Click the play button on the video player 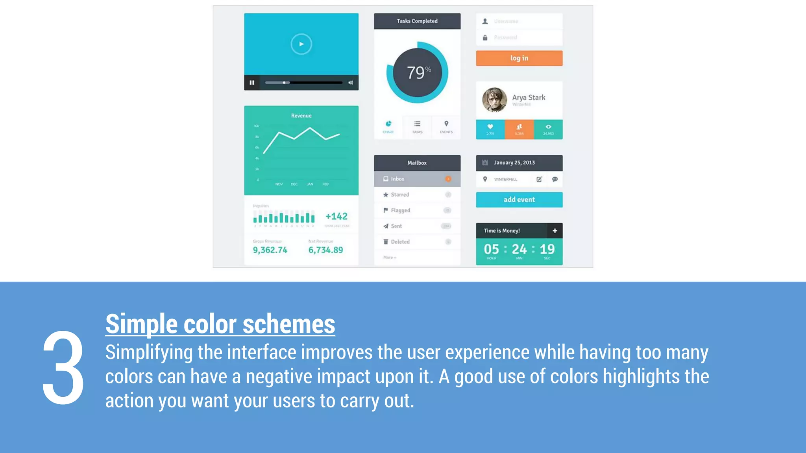301,44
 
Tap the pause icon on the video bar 252,83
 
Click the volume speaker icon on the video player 351,83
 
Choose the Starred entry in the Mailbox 400,195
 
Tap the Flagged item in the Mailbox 400,210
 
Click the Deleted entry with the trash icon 400,242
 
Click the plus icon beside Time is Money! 555,231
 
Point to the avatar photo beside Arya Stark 494,100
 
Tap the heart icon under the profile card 490,127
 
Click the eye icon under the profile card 548,127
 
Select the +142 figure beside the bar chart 336,216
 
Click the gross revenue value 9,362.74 270,250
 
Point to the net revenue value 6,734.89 325,250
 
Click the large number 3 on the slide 63,368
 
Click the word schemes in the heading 289,324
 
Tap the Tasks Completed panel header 417,21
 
